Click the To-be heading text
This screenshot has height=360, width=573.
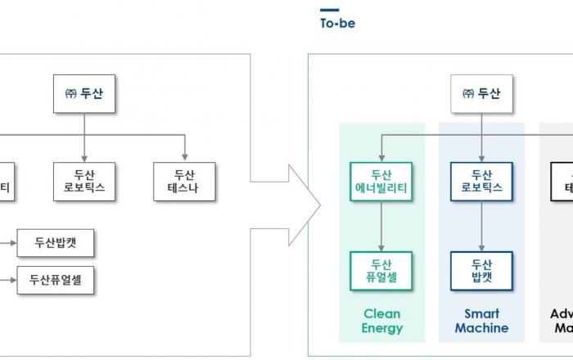tap(337, 24)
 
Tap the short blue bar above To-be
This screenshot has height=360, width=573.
tap(328, 11)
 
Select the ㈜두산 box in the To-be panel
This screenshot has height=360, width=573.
tap(481, 92)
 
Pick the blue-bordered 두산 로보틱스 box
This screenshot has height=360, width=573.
tap(481, 182)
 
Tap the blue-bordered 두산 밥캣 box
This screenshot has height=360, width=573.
tap(481, 271)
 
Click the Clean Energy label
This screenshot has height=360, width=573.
tap(382, 321)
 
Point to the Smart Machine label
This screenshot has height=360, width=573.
tap(481, 321)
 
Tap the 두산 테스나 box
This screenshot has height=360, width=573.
tap(185, 182)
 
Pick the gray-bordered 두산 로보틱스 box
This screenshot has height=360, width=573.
tap(84, 182)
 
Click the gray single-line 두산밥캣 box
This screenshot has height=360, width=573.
tap(56, 242)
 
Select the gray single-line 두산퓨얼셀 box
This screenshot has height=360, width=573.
tap(56, 281)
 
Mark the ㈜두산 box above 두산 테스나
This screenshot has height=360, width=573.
tap(84, 92)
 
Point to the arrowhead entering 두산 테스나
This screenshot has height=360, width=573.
tap(185, 155)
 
